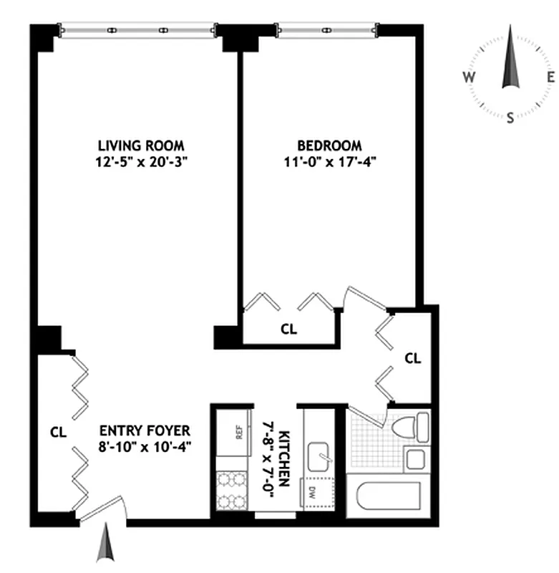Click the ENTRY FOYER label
tap(145, 430)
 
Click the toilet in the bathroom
tap(409, 428)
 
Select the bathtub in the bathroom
tap(389, 499)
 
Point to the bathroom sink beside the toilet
tap(414, 458)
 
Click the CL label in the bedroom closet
tap(288, 329)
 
